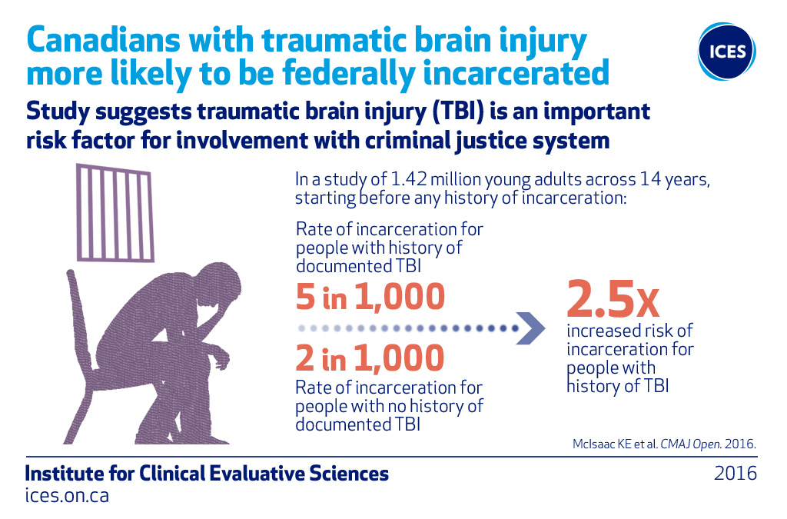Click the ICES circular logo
726,51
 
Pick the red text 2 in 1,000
370,358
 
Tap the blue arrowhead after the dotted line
531,328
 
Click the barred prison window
115,212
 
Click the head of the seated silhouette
217,284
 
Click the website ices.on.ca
67,495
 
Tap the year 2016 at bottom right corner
736,474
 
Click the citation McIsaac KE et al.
616,444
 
